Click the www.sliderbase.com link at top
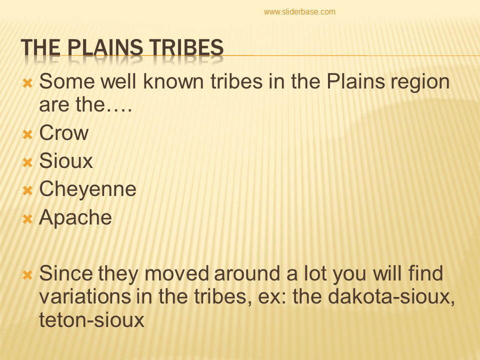(x=299, y=12)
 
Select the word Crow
(x=63, y=133)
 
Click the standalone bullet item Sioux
(x=66, y=161)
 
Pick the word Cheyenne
(x=87, y=189)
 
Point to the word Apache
(x=75, y=217)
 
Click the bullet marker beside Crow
(x=28, y=134)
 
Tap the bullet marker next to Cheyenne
(x=28, y=190)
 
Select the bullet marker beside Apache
(x=28, y=218)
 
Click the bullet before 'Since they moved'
(x=28, y=274)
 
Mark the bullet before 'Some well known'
(x=28, y=81)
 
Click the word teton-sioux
(x=91, y=320)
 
